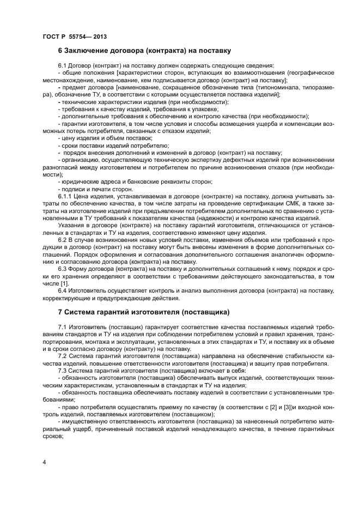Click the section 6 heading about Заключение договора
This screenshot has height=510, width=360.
[x=145, y=51]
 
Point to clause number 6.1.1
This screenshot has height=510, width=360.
[x=66, y=195]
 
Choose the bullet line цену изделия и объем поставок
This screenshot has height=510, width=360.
[x=105, y=138]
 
